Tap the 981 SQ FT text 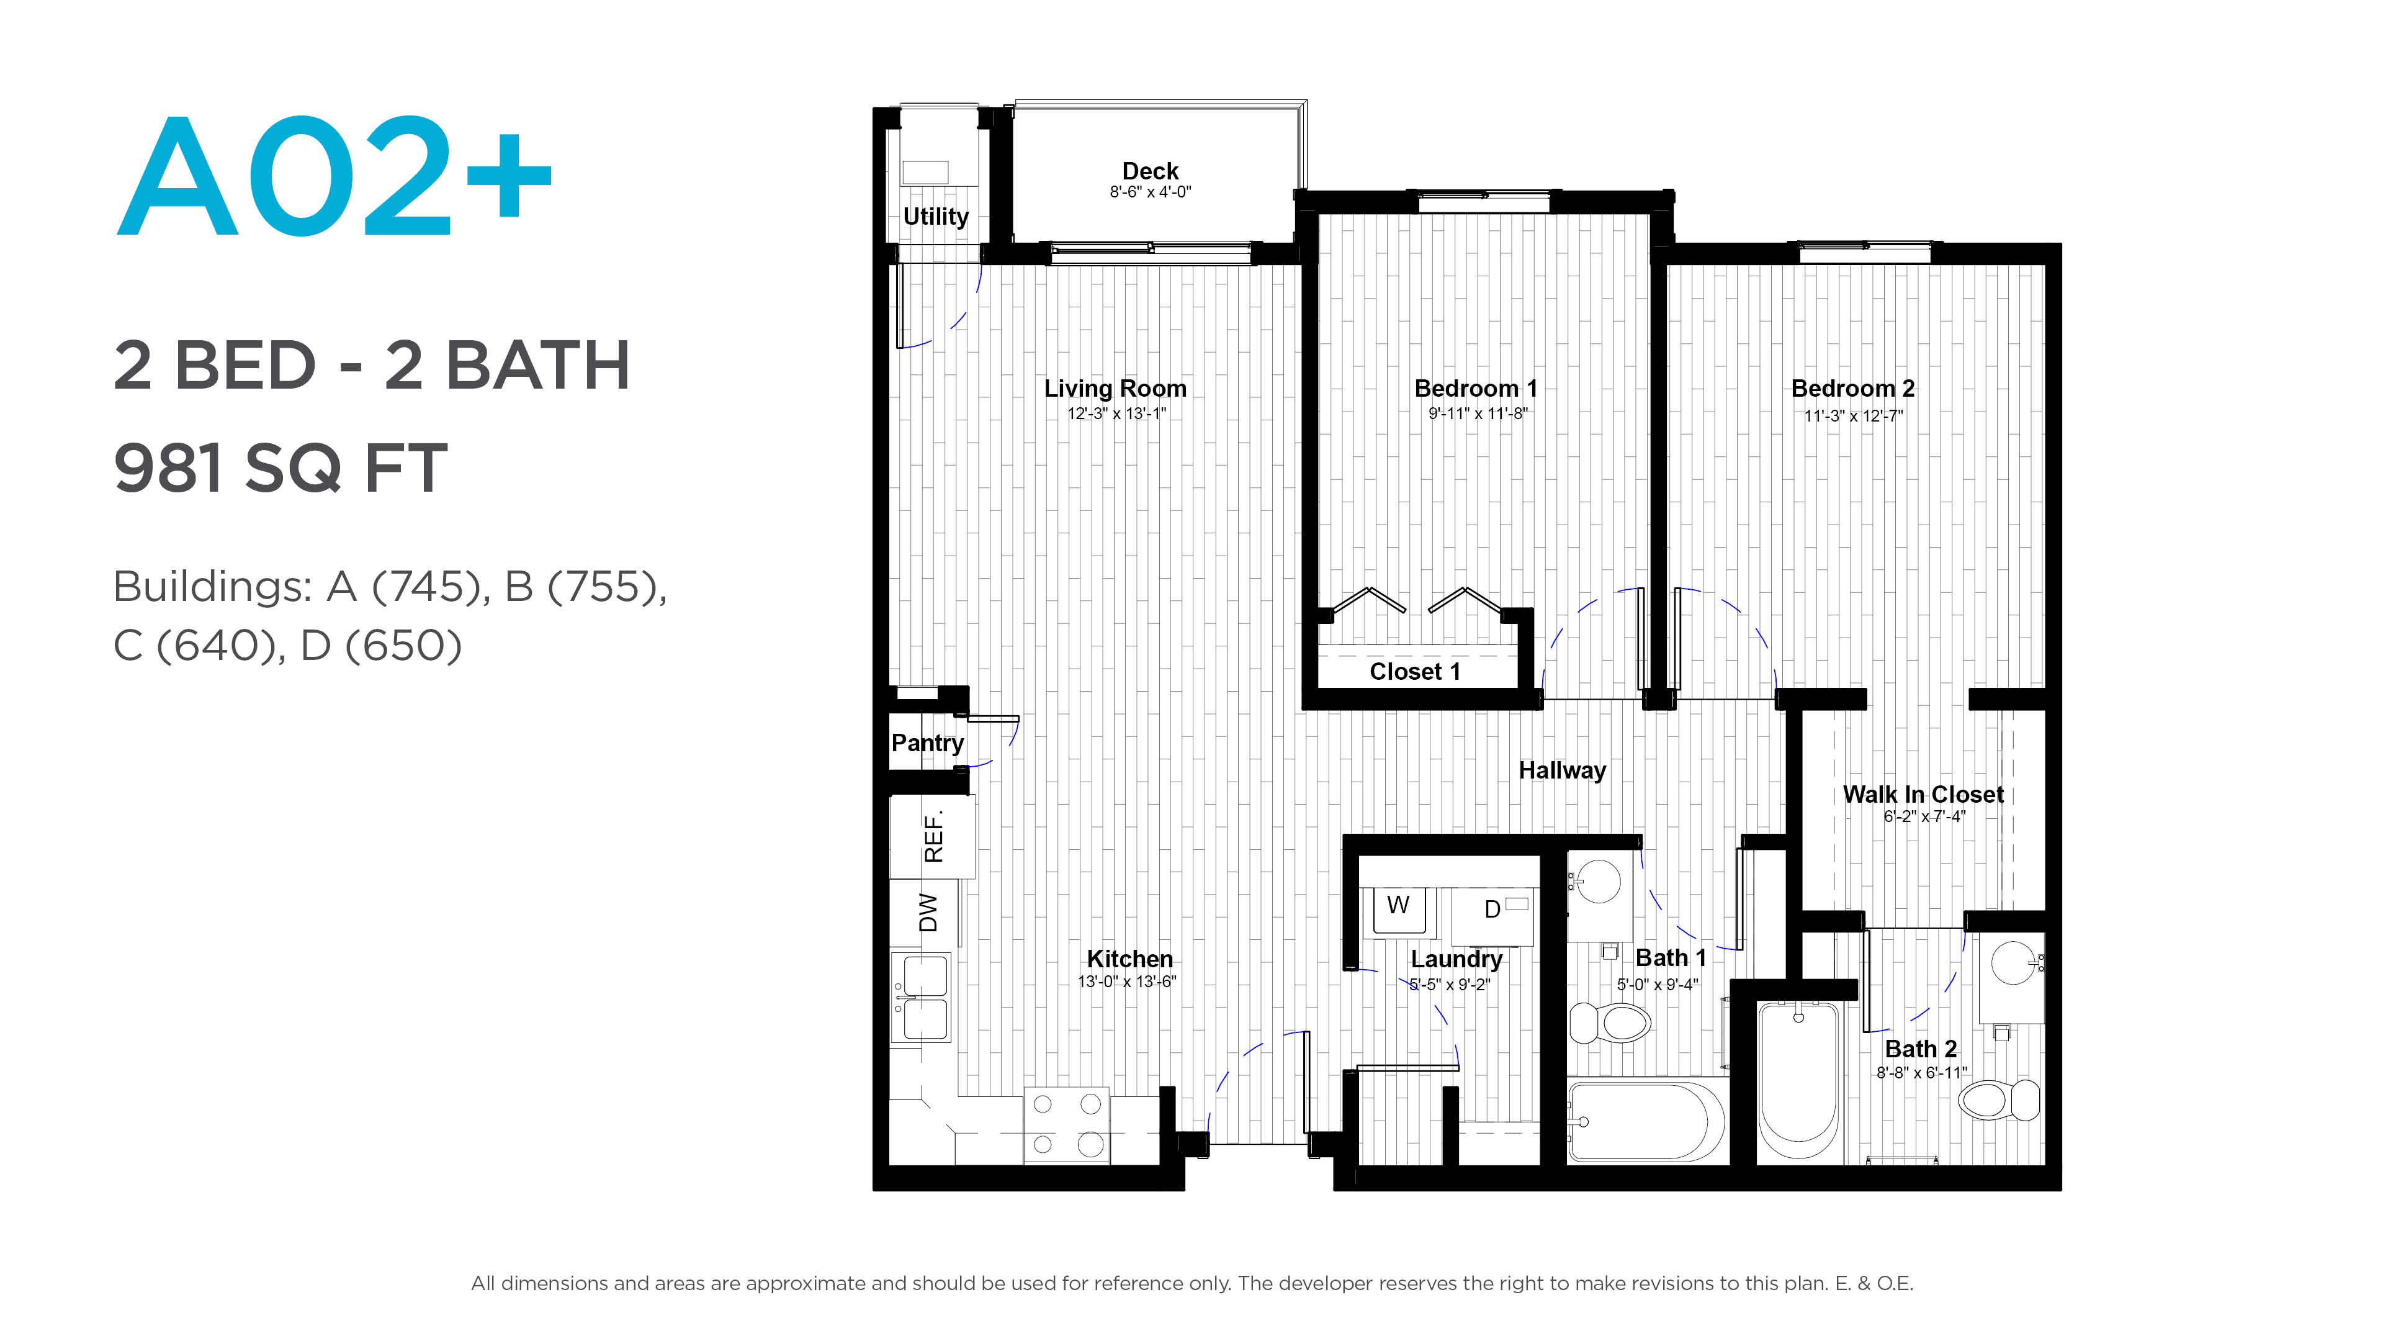(280, 467)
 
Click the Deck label (1150, 171)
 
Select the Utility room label (935, 217)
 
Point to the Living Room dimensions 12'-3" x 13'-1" (1116, 413)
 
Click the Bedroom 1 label (1476, 389)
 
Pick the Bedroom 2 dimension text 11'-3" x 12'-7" (1853, 415)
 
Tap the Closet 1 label (1414, 672)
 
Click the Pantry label (927, 743)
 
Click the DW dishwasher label (928, 913)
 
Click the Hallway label (1563, 771)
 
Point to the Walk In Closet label (1923, 795)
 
